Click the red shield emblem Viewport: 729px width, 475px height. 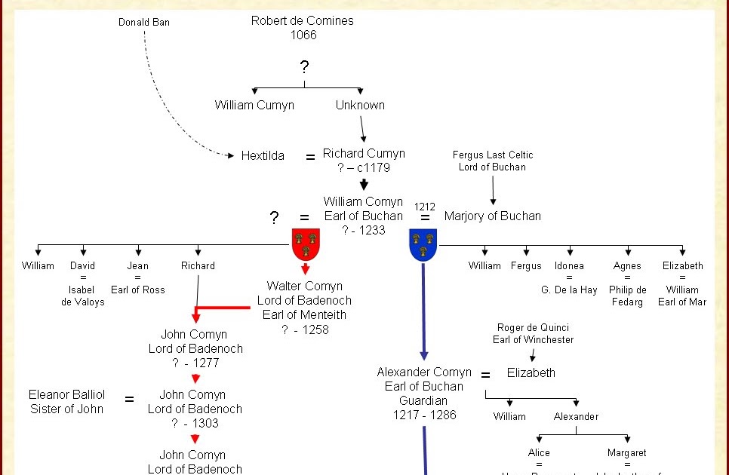306,244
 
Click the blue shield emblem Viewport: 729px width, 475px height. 423,244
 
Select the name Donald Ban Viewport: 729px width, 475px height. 144,23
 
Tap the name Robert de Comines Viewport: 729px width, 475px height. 302,21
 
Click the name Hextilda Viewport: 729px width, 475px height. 263,156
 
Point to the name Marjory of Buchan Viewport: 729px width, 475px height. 492,216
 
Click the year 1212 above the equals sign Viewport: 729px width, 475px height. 425,207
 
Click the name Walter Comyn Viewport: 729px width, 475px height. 304,287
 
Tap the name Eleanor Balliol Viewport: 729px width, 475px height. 67,395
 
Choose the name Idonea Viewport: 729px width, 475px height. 569,266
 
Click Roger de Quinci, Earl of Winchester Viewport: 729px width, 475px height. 533,333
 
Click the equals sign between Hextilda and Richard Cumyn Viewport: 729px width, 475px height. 310,158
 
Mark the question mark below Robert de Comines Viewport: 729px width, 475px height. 304,67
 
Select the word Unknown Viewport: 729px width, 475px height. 360,106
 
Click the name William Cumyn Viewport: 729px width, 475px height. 254,106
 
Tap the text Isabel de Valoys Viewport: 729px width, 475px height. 83,296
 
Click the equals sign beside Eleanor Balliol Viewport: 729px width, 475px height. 129,400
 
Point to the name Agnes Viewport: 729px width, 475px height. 627,266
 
